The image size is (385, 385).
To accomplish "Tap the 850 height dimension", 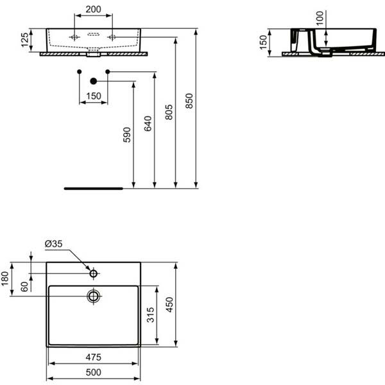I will coord(189,101).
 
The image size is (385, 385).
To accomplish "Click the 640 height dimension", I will coord(148,123).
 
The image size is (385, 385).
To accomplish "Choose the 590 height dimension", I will coord(126,134).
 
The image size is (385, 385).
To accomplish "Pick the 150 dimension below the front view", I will coord(94,96).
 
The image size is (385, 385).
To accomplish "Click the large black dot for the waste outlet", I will coord(94,81).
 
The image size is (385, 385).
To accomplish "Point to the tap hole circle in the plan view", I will coord(94,274).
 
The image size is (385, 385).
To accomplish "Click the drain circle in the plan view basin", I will coord(94,296).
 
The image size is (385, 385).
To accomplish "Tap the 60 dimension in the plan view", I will coord(24,287).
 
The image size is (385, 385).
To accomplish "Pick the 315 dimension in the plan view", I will coord(148,315).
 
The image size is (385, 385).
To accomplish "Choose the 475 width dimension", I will coord(94,357).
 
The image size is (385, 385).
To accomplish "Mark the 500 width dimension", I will coord(94,373).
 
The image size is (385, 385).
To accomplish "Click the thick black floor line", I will coord(94,189).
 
